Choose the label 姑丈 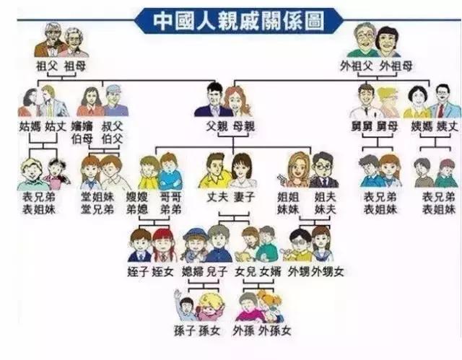pyautogui.click(x=55, y=125)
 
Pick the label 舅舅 pyautogui.click(x=367, y=125)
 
